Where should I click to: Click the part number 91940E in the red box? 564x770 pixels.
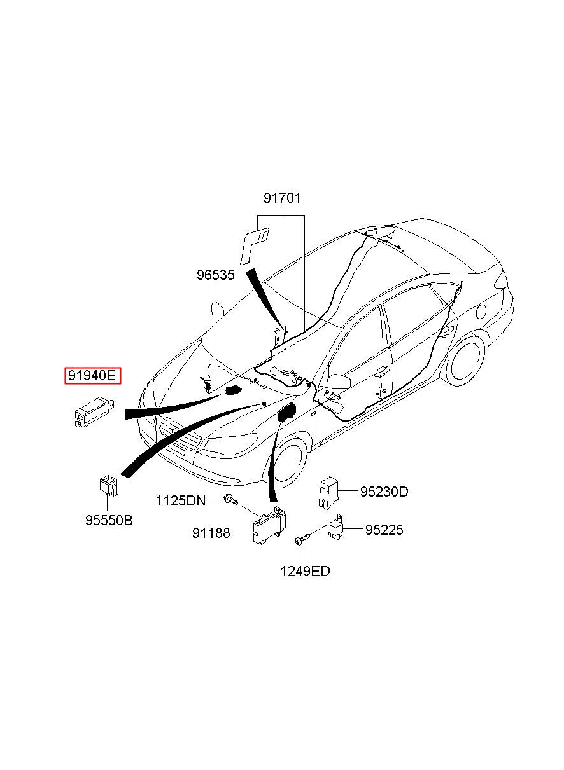tap(92, 375)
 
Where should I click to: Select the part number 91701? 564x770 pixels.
tap(282, 198)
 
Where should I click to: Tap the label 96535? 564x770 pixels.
tap(215, 275)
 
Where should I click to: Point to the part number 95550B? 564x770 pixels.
tap(109, 520)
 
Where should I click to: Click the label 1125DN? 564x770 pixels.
tap(181, 500)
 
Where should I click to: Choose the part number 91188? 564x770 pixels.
tap(211, 533)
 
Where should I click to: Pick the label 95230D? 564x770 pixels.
tap(384, 492)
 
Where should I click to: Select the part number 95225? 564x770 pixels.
tap(384, 530)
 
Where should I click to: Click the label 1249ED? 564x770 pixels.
tap(305, 572)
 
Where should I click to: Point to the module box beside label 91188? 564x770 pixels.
tap(269, 526)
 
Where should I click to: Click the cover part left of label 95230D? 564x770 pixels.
tap(328, 492)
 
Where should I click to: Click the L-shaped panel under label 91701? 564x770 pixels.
tap(254, 244)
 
